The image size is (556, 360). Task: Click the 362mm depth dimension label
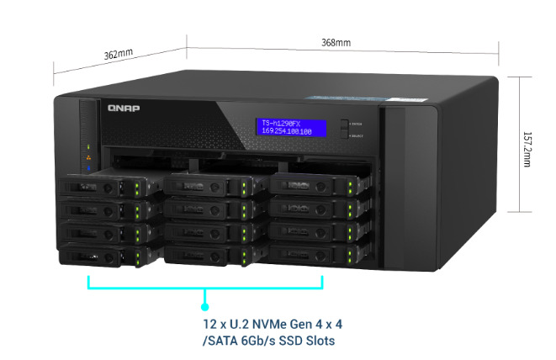tap(118, 54)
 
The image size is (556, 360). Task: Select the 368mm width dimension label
tap(336, 42)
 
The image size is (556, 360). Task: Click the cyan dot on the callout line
tap(204, 306)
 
